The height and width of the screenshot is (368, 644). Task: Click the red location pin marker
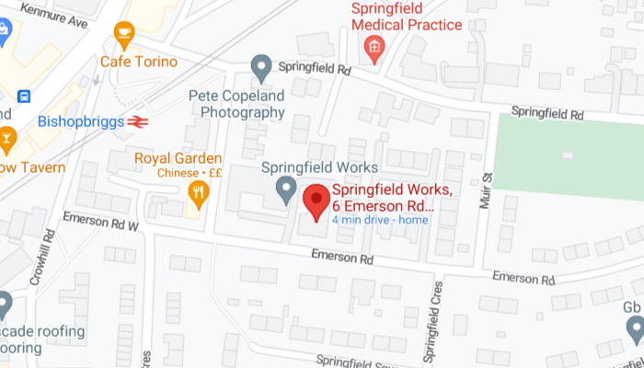[316, 201]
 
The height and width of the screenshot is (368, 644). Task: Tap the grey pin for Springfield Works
[286, 190]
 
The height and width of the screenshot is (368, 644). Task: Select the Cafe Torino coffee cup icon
[123, 36]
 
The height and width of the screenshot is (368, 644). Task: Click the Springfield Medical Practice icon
[374, 46]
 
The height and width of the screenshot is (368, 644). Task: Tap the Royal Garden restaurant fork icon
[198, 192]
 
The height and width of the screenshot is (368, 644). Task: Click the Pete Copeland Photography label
[236, 104]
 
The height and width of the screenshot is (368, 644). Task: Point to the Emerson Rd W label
[100, 223]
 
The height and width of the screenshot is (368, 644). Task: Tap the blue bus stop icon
[24, 96]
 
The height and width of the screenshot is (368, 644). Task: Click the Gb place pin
[634, 328]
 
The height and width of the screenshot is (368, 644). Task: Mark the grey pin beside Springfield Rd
[262, 65]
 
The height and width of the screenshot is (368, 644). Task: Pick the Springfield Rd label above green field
[548, 114]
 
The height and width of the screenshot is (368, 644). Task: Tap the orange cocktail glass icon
[7, 139]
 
